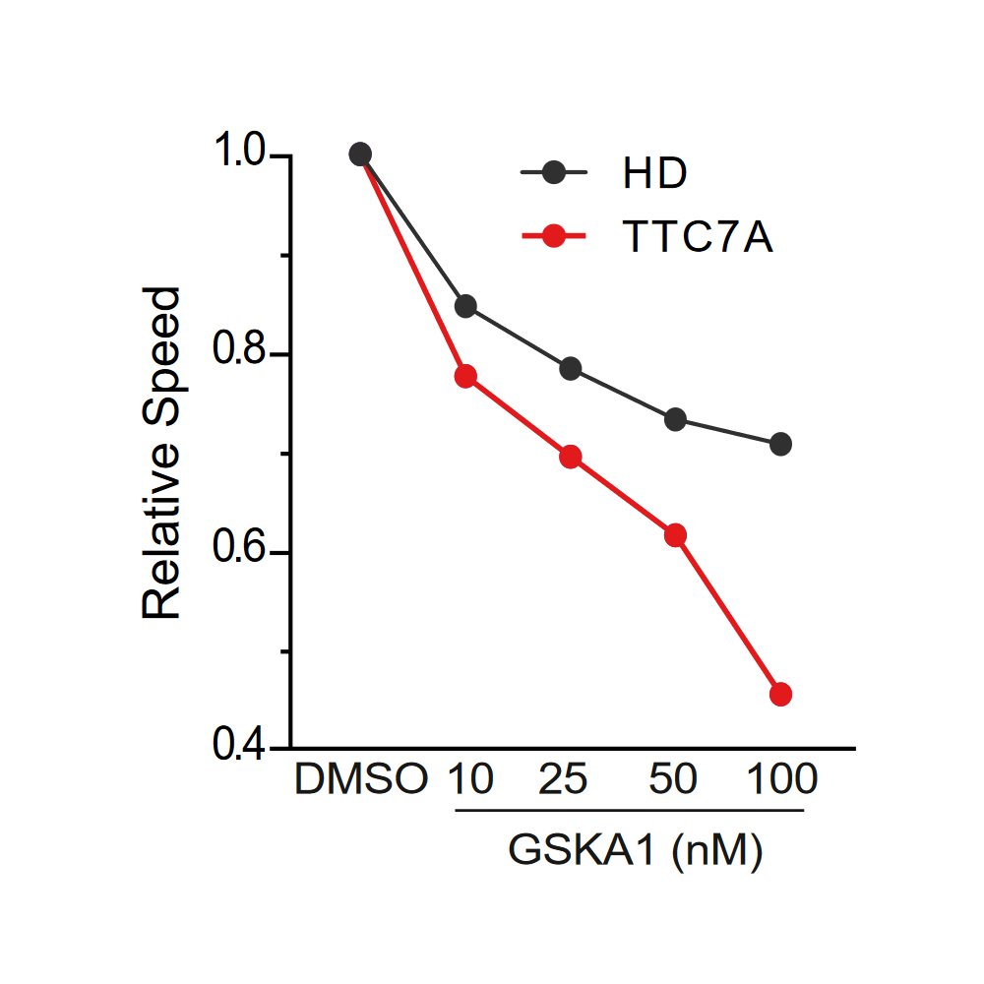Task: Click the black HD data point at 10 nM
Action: tap(465, 306)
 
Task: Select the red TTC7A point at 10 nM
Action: tap(465, 376)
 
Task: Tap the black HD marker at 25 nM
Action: tap(571, 369)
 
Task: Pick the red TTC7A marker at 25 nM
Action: tap(571, 457)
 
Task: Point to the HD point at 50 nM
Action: tap(676, 420)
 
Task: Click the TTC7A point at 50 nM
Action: tap(676, 535)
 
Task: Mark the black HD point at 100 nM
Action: tap(781, 444)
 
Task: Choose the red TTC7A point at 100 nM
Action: tap(781, 695)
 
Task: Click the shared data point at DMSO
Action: tap(360, 154)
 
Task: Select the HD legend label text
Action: tap(654, 174)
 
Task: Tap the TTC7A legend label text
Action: tap(698, 237)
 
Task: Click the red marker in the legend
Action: tap(554, 237)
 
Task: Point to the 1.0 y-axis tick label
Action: tap(240, 155)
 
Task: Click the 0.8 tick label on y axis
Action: tap(240, 354)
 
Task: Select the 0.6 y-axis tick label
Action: tap(240, 552)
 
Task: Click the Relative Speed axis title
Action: tap(162, 453)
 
